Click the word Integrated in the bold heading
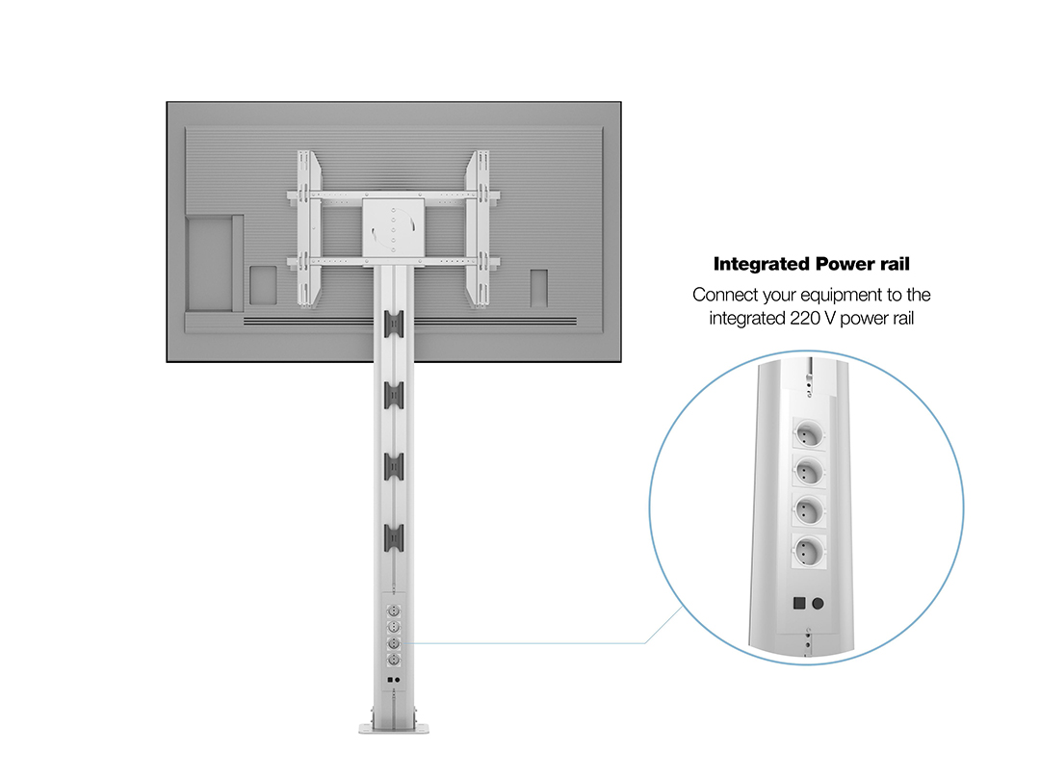click(x=762, y=264)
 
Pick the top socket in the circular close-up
click(x=809, y=435)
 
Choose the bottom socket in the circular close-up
click(x=809, y=551)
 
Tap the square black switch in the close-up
click(x=799, y=603)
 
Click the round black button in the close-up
click(x=818, y=603)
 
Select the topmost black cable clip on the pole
click(x=393, y=325)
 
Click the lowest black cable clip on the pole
click(x=393, y=537)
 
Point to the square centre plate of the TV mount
click(x=393, y=227)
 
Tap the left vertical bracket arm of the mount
click(x=308, y=229)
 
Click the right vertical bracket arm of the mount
click(x=479, y=229)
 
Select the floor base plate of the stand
click(x=394, y=729)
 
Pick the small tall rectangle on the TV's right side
click(x=538, y=288)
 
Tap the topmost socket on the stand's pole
click(x=393, y=610)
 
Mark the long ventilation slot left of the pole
click(x=308, y=322)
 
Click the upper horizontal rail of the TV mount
click(x=393, y=195)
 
